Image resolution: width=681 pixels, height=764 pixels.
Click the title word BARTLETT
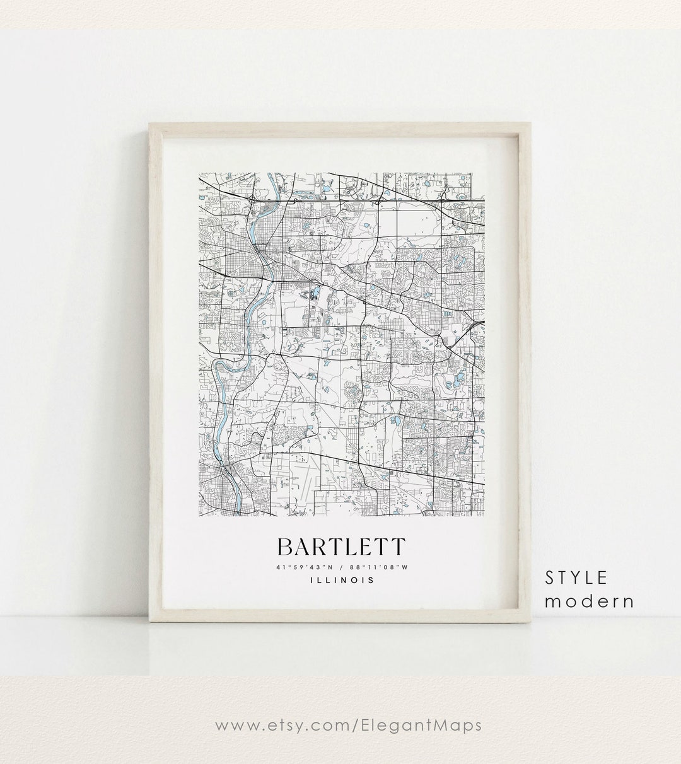[x=341, y=547]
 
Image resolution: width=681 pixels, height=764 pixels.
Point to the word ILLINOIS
[x=341, y=581]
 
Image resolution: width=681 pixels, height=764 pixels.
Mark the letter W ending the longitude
[x=405, y=568]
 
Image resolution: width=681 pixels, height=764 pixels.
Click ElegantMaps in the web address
[x=430, y=725]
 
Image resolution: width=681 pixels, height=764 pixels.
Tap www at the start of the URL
[x=234, y=725]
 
